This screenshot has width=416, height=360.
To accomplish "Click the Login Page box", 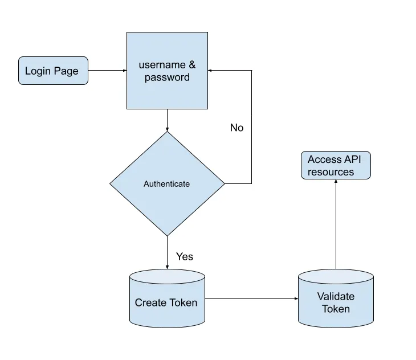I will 53,71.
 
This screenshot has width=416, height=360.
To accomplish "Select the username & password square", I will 167,71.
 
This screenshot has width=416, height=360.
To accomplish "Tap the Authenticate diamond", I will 167,184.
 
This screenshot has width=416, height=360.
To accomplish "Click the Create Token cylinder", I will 166,299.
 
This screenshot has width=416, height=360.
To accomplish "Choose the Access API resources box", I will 335,166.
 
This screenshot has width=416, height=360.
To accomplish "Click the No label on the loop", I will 236,128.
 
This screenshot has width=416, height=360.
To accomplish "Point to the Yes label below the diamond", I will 185,256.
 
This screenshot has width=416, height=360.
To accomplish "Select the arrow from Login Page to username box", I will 107,71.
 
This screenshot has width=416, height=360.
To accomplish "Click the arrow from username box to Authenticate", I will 167,120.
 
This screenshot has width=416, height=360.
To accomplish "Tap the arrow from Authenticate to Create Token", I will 167,252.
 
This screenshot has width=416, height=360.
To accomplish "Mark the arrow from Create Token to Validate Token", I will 251,298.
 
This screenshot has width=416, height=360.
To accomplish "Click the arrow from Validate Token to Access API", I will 336,225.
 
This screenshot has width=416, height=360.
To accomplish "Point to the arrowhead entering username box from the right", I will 211,71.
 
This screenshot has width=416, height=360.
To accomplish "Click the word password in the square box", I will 167,77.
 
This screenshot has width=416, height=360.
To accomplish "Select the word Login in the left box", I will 37,71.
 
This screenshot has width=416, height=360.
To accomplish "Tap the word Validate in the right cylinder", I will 336,296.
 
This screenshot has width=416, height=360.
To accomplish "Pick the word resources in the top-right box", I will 331,172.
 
